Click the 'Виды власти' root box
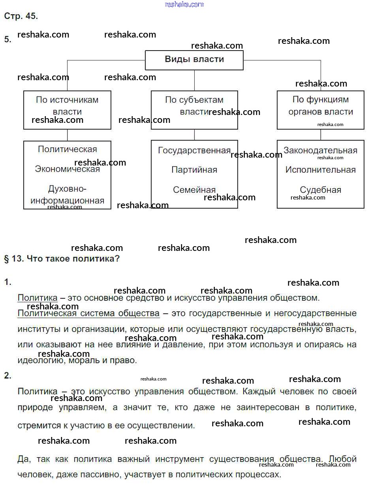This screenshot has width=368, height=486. pyautogui.click(x=194, y=60)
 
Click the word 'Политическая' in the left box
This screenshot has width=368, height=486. pyautogui.click(x=68, y=149)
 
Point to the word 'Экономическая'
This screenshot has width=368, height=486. pyautogui.click(x=68, y=169)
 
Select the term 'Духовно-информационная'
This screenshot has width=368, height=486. pyautogui.click(x=68, y=195)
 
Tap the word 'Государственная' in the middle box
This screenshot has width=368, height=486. pyautogui.click(x=194, y=151)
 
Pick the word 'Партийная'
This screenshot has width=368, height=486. pyautogui.click(x=194, y=170)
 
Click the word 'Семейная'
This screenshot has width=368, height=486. pyautogui.click(x=194, y=190)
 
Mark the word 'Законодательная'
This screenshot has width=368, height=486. pyautogui.click(x=320, y=151)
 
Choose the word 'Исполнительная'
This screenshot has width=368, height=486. pyautogui.click(x=321, y=170)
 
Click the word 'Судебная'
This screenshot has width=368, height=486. pyautogui.click(x=321, y=190)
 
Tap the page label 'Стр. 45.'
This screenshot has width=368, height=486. pyautogui.click(x=21, y=16)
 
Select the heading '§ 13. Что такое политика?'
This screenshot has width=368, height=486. pyautogui.click(x=62, y=259)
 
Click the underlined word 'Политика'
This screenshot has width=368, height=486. pyautogui.click(x=38, y=298)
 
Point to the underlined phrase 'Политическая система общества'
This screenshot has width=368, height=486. pyautogui.click(x=88, y=314)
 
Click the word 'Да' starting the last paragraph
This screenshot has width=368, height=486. pyautogui.click(x=23, y=459)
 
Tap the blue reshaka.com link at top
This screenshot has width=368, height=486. pyautogui.click(x=184, y=4)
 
